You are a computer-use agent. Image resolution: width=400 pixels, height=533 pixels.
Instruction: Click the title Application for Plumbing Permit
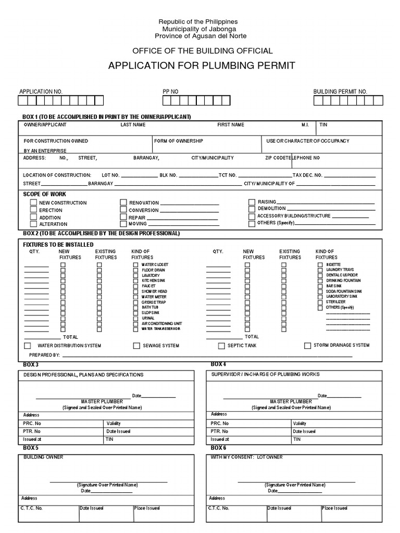(x=201, y=66)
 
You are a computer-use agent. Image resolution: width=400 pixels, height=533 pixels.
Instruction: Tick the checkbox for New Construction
(x=33, y=203)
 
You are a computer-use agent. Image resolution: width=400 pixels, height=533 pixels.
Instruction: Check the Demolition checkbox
(x=252, y=209)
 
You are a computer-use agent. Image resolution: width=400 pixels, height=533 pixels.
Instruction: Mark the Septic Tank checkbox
(x=221, y=346)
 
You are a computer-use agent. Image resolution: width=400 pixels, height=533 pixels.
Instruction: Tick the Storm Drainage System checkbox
(x=307, y=345)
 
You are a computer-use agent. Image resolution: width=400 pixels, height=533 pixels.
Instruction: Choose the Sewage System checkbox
(x=136, y=346)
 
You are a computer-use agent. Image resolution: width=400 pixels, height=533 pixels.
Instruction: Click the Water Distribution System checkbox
(x=27, y=346)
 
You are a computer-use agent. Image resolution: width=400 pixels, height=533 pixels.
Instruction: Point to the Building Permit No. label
(x=340, y=92)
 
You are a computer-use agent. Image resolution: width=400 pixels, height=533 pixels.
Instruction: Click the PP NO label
(x=170, y=92)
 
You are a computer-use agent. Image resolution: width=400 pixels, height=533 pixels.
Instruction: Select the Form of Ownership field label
(x=179, y=141)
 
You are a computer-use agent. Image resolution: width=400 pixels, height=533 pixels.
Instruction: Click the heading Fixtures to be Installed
(x=58, y=244)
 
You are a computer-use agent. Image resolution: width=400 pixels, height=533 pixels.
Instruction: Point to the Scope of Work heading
(x=45, y=194)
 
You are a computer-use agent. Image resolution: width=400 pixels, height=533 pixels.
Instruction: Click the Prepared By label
(x=44, y=355)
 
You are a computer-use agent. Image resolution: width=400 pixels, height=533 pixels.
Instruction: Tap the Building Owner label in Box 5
(x=43, y=457)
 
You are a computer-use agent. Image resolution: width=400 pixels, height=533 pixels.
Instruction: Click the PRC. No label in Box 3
(x=32, y=424)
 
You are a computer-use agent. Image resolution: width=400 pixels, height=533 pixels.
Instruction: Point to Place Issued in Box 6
(x=334, y=508)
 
